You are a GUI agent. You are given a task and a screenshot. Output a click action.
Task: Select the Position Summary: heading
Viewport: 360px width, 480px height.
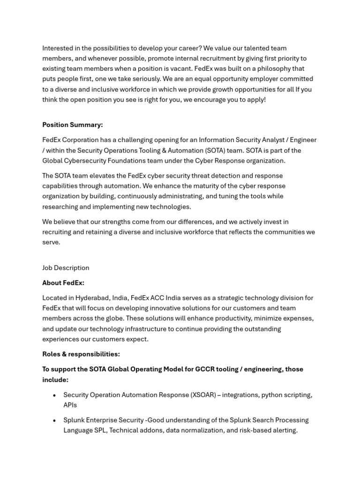73,125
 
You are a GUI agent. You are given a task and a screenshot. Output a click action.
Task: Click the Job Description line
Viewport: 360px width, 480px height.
66,268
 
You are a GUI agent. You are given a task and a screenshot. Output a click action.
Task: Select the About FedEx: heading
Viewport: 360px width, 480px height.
63,283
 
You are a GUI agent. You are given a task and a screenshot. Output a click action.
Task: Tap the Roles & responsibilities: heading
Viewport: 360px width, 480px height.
81,354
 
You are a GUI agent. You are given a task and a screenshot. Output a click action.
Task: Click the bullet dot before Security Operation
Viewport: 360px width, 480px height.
55,396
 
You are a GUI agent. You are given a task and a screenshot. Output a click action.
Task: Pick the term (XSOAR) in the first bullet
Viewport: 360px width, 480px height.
203,395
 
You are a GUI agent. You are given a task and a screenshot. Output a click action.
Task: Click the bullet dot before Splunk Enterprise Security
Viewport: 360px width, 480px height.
55,421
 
